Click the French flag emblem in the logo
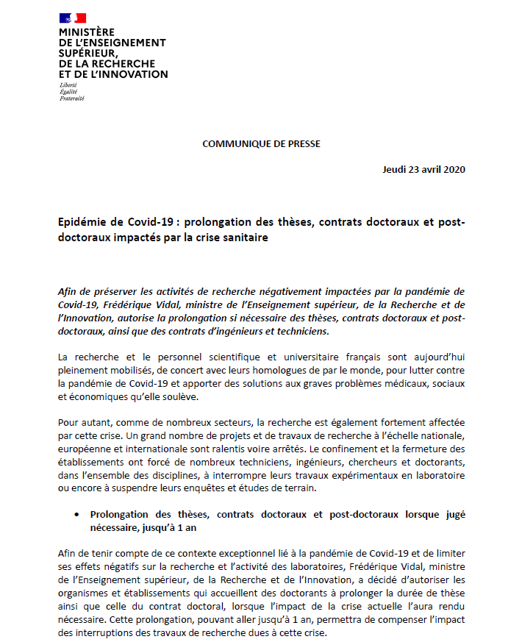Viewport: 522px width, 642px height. (73, 18)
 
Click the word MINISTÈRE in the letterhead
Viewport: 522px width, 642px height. (87, 32)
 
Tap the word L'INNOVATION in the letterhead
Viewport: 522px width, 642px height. (129, 74)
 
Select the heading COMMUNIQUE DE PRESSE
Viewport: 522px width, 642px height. (261, 144)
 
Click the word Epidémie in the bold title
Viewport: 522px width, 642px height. (82, 223)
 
